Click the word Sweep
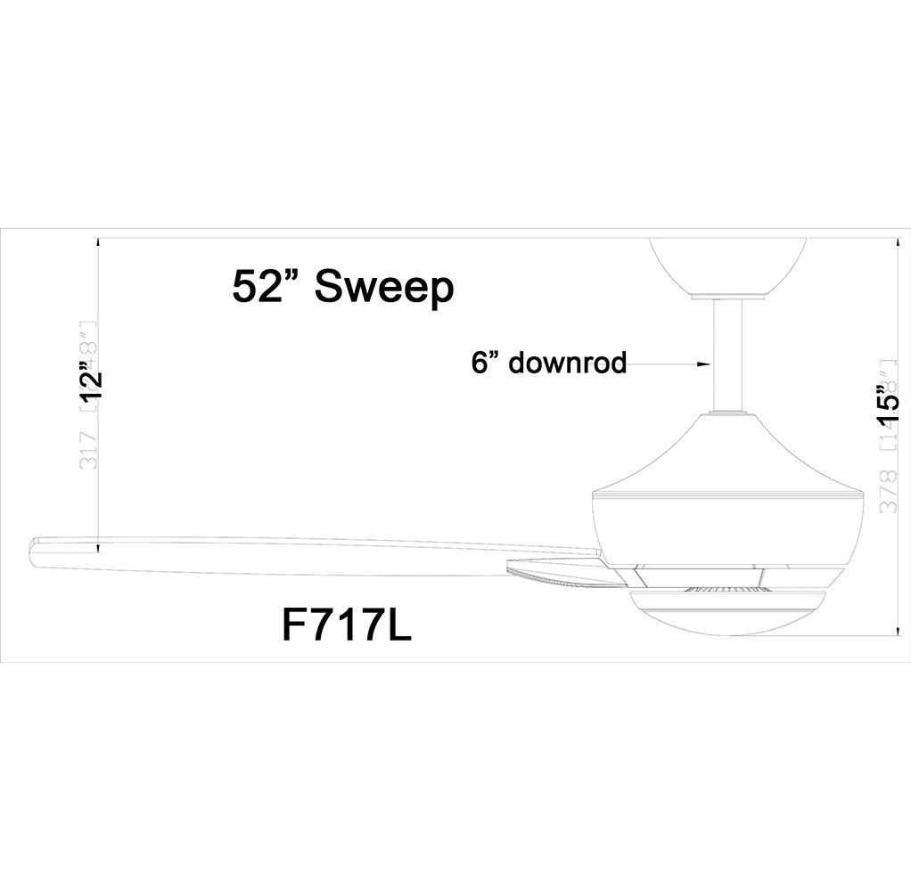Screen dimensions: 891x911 click(384, 288)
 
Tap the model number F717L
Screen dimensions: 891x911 click(346, 625)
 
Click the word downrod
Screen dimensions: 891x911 click(568, 364)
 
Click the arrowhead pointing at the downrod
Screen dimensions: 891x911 click(703, 364)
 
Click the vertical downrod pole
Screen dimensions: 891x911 click(730, 356)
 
